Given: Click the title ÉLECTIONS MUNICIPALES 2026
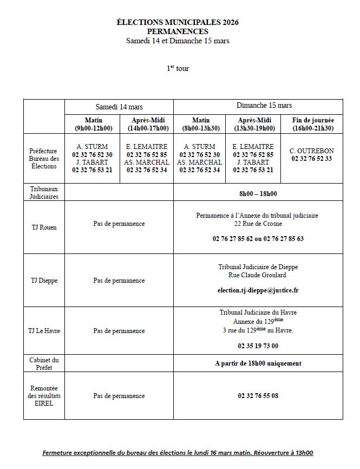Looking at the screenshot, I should [178, 22].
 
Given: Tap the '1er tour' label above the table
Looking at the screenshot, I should [178, 68].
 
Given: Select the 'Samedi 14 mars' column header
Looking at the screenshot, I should [119, 107].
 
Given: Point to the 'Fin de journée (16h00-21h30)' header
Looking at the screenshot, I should [312, 124].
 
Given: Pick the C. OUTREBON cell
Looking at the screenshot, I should [311, 155].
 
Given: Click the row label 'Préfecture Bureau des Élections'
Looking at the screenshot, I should [44, 159].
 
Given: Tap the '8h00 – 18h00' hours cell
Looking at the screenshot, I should [258, 193].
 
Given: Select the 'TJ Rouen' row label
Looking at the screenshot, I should [44, 227].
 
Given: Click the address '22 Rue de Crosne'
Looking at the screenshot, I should [258, 224].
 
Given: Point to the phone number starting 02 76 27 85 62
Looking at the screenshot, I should [258, 238].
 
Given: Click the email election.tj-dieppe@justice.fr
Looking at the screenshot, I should [258, 290].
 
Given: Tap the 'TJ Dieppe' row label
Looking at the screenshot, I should [44, 281].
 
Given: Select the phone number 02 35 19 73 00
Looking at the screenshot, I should [258, 346].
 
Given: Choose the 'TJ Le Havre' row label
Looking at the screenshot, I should [44, 331].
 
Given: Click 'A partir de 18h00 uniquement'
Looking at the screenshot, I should [258, 363].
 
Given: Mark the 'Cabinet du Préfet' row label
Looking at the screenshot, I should [44, 363].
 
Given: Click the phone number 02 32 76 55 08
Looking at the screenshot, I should [258, 396].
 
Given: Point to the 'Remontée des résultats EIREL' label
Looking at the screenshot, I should [44, 396].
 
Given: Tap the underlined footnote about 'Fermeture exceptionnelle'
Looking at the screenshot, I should [178, 453].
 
